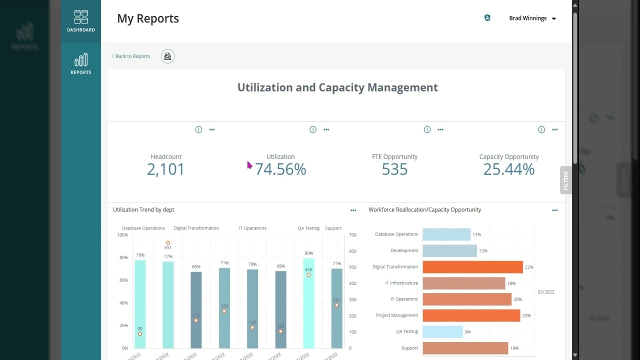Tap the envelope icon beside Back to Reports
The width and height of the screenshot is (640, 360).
[x=167, y=56]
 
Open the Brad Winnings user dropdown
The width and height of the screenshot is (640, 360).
[x=532, y=18]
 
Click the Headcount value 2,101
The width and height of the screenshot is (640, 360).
[x=165, y=169]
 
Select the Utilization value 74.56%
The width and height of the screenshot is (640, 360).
[x=280, y=169]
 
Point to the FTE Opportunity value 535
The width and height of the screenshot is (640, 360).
[x=394, y=169]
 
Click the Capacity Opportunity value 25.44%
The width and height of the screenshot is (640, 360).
[x=508, y=169]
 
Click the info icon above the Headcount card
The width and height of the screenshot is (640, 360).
[x=198, y=129]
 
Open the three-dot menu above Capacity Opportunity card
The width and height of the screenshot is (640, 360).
[x=554, y=129]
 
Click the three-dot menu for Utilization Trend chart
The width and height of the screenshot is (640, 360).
[x=353, y=210]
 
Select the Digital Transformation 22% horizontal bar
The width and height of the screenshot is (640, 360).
[x=472, y=267]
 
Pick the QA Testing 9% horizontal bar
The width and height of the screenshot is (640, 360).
[x=442, y=331]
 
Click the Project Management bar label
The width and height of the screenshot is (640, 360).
[x=396, y=315]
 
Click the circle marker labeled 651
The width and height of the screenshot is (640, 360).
[x=168, y=243]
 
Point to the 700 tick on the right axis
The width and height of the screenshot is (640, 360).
[x=352, y=235]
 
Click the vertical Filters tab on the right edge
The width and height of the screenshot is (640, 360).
[x=566, y=180]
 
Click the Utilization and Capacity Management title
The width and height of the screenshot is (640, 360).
[x=337, y=87]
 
